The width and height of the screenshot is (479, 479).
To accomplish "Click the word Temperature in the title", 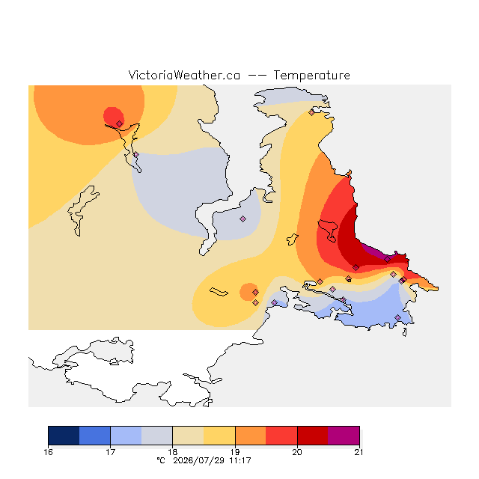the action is point(311,76).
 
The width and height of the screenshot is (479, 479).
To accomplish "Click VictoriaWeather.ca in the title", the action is point(184,76).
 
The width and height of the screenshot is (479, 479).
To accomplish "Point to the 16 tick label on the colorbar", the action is point(48,452).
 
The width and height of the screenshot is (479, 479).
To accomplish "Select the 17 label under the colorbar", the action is point(110,452).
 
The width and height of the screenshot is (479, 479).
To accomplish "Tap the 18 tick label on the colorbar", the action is point(173,452).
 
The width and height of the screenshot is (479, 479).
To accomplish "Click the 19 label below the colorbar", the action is point(235,452).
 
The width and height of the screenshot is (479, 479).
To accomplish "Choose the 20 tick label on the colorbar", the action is point(297,452).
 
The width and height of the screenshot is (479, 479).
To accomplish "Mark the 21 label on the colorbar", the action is point(359,452).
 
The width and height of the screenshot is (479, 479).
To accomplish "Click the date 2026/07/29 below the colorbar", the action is point(200,461).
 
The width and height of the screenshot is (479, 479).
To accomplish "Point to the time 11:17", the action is point(240,461).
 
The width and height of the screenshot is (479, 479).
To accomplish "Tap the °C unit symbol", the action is point(161,460).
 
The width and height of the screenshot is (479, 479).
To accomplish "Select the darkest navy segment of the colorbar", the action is point(64,436).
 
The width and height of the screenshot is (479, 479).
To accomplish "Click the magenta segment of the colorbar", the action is point(344,436).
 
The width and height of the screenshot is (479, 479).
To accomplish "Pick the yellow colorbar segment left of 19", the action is point(219,436).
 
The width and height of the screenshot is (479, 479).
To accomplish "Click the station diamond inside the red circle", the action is point(120,123).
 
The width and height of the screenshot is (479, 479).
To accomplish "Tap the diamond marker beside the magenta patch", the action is point(388,260).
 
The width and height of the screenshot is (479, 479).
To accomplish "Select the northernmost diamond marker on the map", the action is point(311,113).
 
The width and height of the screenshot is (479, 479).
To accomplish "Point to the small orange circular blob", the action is point(248,292).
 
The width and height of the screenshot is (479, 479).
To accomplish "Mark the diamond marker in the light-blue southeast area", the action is point(397,317).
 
